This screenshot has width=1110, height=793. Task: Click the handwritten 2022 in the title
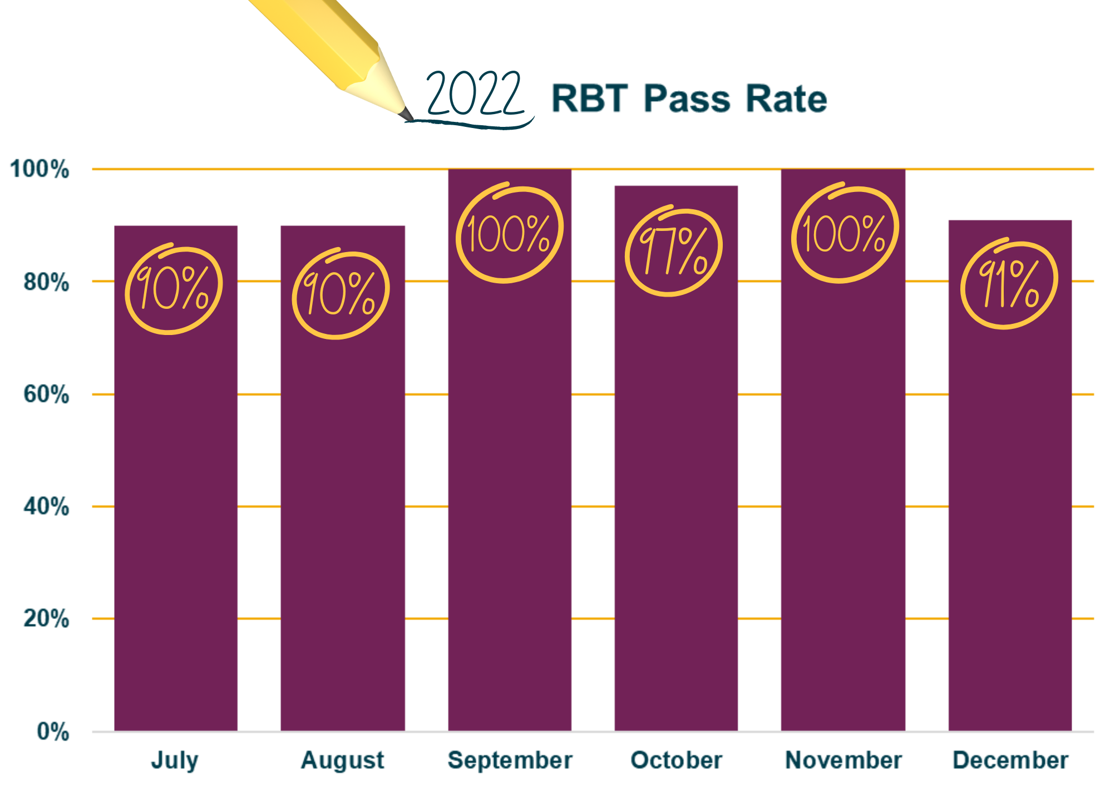pyautogui.click(x=475, y=95)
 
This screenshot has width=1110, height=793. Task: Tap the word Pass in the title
pyautogui.click(x=687, y=99)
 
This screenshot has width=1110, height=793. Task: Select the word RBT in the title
pyautogui.click(x=590, y=99)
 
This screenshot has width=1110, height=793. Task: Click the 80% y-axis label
pyautogui.click(x=47, y=282)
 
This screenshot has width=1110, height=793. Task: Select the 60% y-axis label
pyautogui.click(x=47, y=395)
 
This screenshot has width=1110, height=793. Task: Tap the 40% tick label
pyautogui.click(x=47, y=507)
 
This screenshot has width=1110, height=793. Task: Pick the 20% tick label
pyautogui.click(x=47, y=619)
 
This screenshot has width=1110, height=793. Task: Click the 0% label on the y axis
pyautogui.click(x=53, y=732)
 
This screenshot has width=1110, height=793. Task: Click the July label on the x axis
pyautogui.click(x=175, y=760)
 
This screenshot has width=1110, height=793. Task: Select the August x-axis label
pyautogui.click(x=343, y=760)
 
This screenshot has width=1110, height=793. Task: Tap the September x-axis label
pyautogui.click(x=510, y=760)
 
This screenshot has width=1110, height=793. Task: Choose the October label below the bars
pyautogui.click(x=677, y=760)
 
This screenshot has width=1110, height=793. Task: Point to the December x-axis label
pyautogui.click(x=1010, y=760)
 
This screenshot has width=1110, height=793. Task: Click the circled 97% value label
pyautogui.click(x=673, y=252)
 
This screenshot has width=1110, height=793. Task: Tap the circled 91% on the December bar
pyautogui.click(x=1009, y=285)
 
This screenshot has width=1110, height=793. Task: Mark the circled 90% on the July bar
pyautogui.click(x=174, y=289)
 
